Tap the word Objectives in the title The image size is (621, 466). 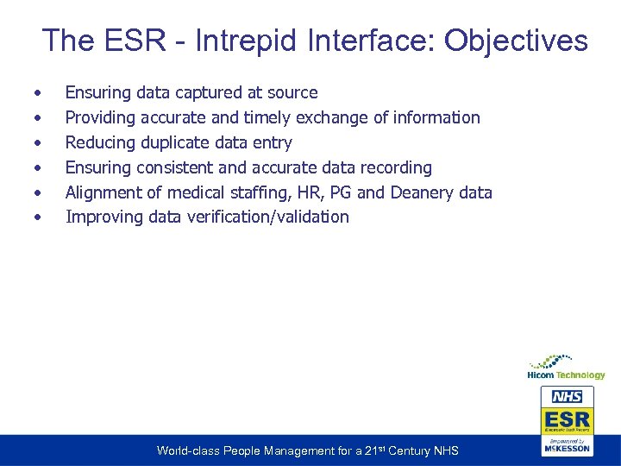[517, 41]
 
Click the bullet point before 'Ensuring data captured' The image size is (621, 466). [37, 92]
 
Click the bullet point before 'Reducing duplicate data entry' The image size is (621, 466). [37, 142]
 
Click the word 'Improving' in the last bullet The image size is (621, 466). [103, 217]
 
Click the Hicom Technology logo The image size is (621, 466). [566, 366]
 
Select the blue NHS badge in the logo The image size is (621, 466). [567, 397]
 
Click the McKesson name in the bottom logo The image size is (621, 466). [567, 448]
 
